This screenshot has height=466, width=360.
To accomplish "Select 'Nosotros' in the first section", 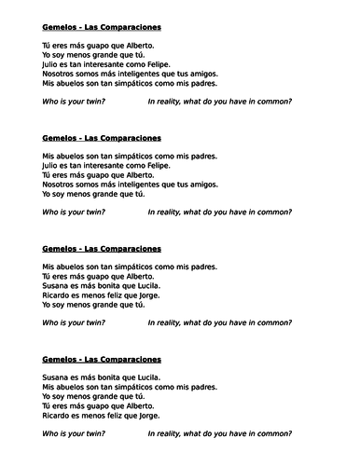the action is click(x=60, y=72).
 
